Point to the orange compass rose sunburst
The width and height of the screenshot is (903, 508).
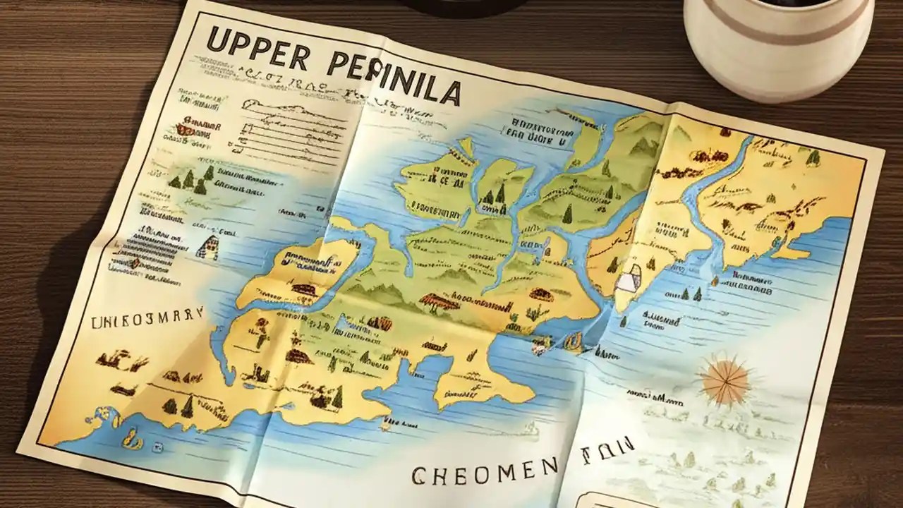pyautogui.click(x=725, y=380)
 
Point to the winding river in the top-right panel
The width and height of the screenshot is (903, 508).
pyautogui.click(x=713, y=205)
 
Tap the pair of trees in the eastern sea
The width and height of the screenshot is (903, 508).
pyautogui.click(x=691, y=294)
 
